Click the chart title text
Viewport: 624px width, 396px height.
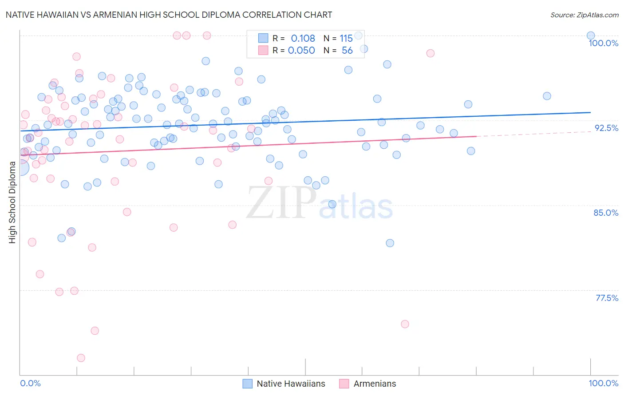coord(169,15)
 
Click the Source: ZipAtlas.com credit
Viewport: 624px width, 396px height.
coord(584,15)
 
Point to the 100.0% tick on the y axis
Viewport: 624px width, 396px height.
coord(603,43)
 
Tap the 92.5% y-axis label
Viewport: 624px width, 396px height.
coord(606,128)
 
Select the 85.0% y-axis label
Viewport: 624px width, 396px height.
coord(606,213)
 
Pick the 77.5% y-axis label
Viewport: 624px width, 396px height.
coord(607,298)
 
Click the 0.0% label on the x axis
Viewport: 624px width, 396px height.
coord(30,383)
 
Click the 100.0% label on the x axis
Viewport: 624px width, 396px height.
coord(603,383)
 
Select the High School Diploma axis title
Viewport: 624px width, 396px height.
coord(12,202)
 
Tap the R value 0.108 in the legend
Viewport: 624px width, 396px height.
coord(303,38)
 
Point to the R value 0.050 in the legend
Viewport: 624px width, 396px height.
coord(301,51)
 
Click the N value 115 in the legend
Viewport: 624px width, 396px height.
coord(346,38)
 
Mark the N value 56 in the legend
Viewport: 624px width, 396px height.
coord(347,51)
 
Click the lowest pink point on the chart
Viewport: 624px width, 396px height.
coord(81,358)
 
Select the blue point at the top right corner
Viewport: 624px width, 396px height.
coord(591,36)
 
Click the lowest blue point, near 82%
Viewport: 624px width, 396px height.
coord(390,243)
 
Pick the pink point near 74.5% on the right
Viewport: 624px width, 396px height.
coord(405,324)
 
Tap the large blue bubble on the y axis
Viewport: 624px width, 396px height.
coord(20,167)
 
